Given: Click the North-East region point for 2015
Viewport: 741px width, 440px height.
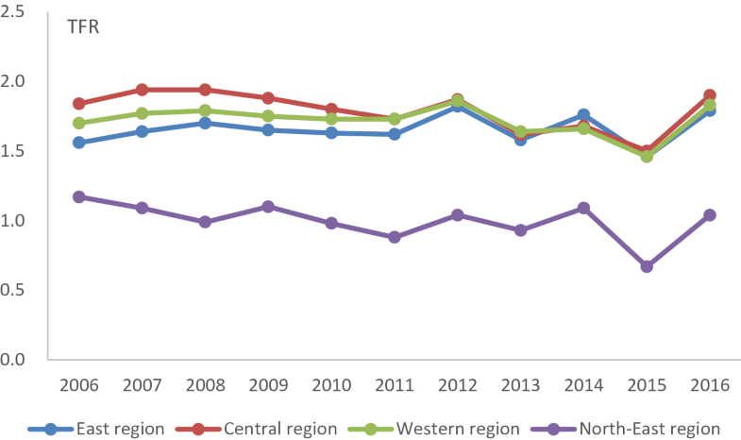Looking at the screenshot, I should pyautogui.click(x=647, y=266).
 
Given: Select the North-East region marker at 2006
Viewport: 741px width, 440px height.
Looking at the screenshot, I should pyautogui.click(x=79, y=197).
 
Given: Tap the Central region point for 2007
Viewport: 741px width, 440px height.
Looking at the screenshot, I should pyautogui.click(x=142, y=90).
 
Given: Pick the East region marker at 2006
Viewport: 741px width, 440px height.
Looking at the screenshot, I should pyautogui.click(x=79, y=143).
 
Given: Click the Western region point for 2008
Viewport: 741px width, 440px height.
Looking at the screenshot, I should pyautogui.click(x=205, y=110).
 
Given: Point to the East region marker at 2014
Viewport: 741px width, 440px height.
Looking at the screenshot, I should pyautogui.click(x=583, y=115).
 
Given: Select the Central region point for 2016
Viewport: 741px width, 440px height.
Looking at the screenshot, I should pyautogui.click(x=710, y=95).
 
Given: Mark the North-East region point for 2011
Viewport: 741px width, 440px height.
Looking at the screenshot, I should pyautogui.click(x=395, y=237).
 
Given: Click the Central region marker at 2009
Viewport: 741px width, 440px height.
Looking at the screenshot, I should pyautogui.click(x=268, y=98).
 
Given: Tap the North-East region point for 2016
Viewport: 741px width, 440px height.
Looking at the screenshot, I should pyautogui.click(x=710, y=215).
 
